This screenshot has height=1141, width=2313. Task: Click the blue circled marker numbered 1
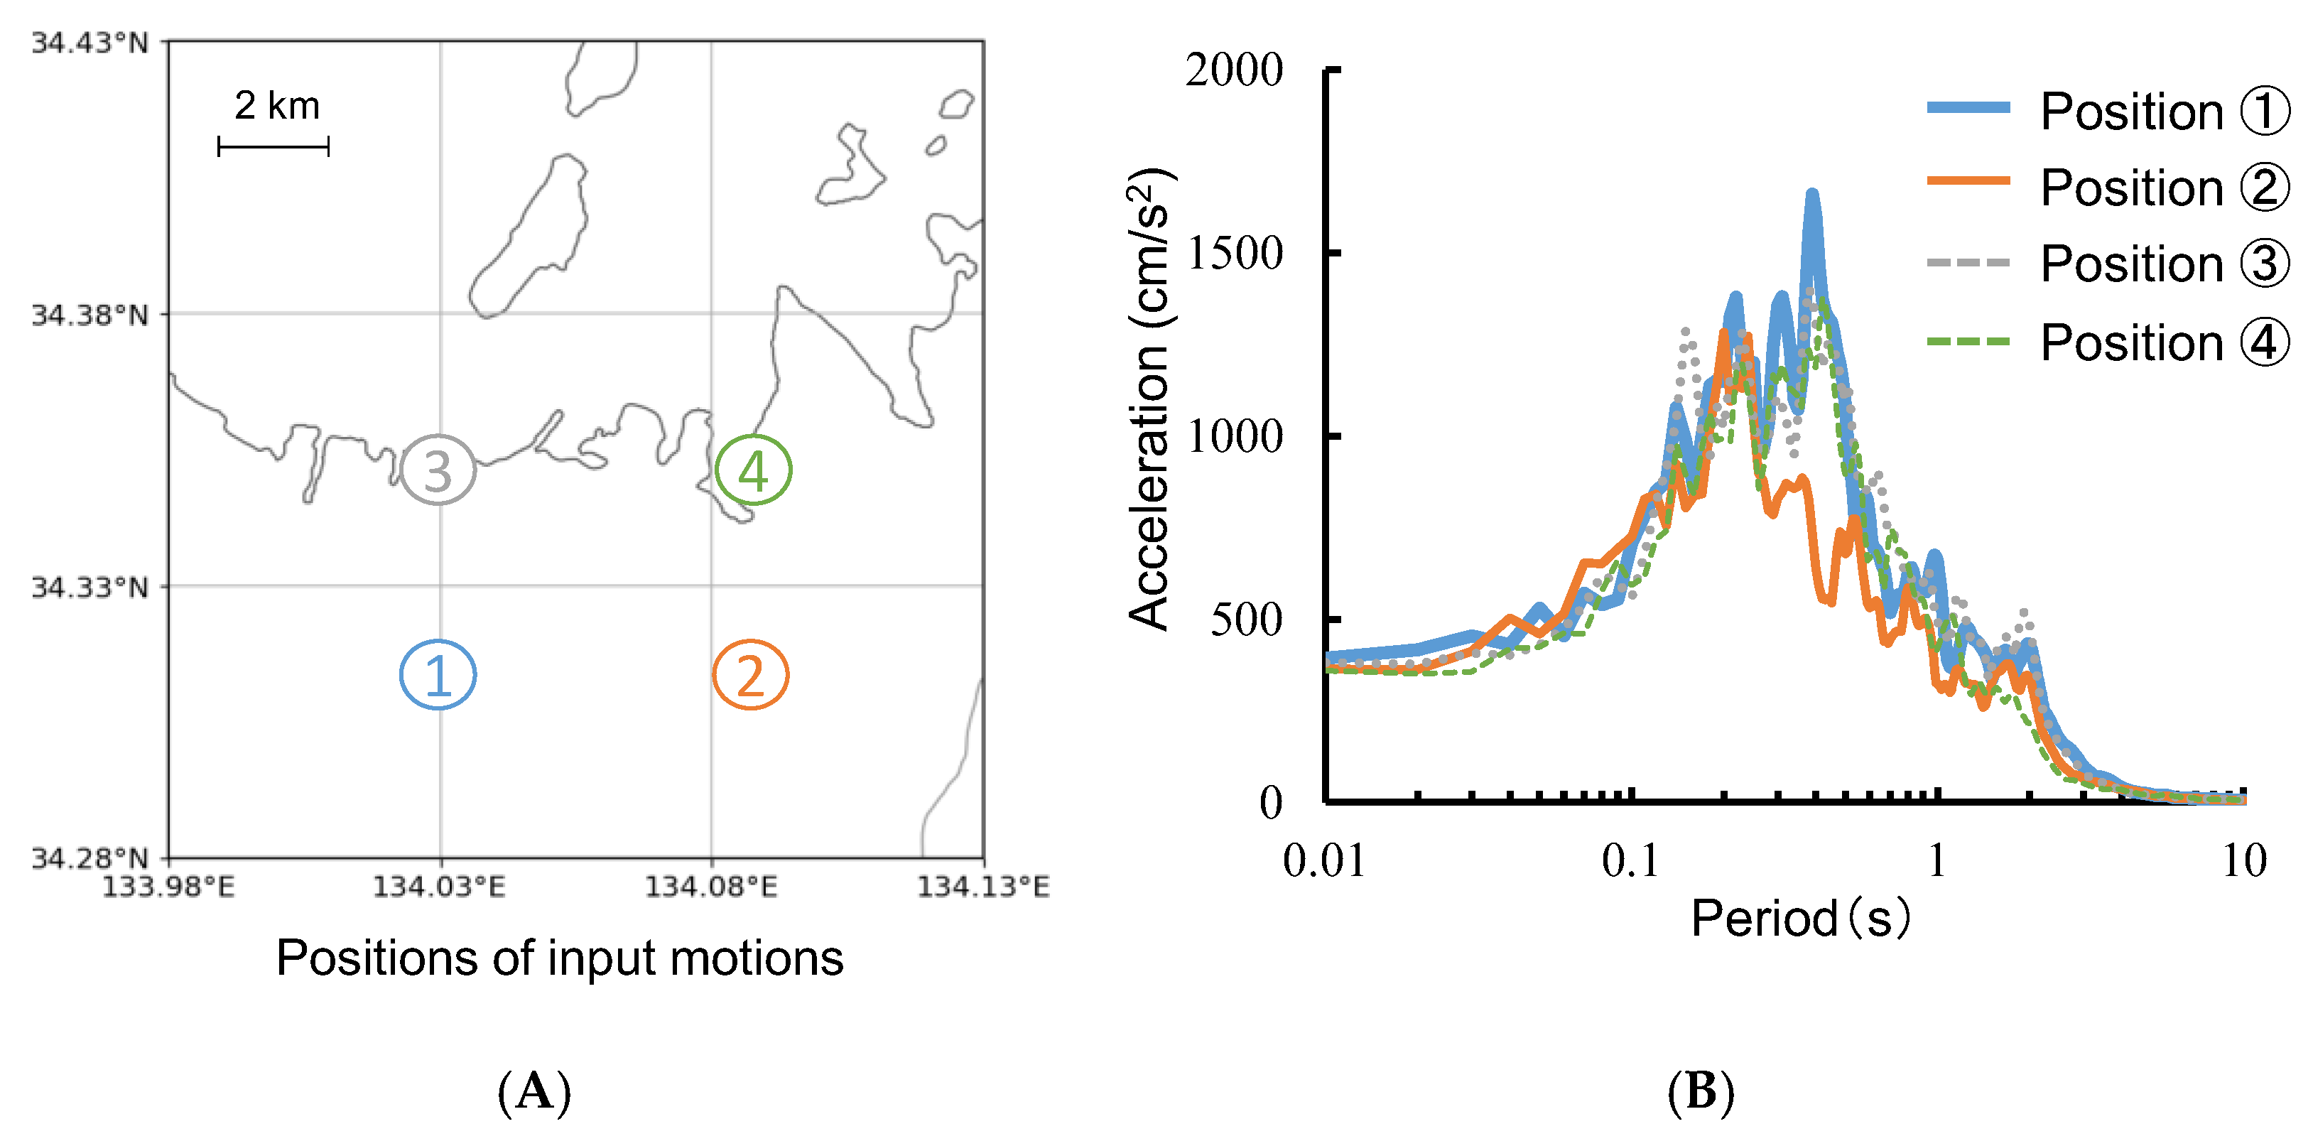click(x=438, y=674)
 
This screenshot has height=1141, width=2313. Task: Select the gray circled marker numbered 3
click(x=438, y=470)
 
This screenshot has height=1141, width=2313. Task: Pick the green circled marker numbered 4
click(x=753, y=470)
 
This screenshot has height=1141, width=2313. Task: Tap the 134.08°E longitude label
click(x=711, y=887)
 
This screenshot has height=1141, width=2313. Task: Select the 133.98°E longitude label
click(x=168, y=887)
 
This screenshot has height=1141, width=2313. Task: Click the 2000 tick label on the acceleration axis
click(x=1234, y=70)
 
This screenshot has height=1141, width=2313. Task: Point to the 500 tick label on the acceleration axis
click(x=1246, y=620)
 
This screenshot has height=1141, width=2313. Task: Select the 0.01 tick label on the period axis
click(x=1324, y=861)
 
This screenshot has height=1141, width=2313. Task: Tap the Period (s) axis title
click(x=1800, y=917)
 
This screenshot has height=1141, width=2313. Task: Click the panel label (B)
click(x=1701, y=1092)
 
